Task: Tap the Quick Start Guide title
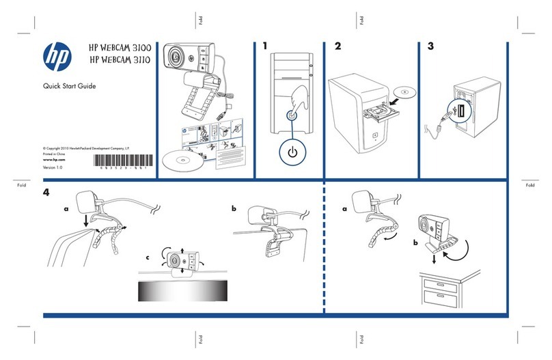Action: (x=64, y=86)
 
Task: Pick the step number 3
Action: (x=430, y=47)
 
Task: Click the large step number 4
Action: (x=46, y=193)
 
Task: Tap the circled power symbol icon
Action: (x=292, y=152)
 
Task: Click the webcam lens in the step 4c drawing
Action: (x=176, y=260)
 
